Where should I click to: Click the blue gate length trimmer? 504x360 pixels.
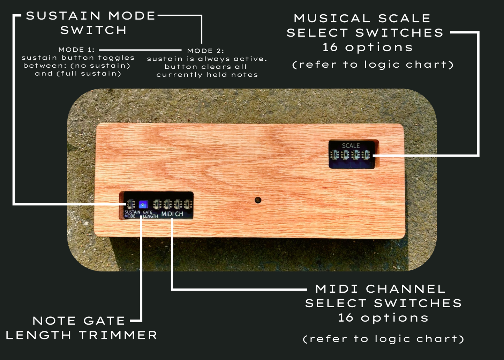click(x=143, y=204)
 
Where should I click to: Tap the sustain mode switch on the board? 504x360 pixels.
click(x=131, y=204)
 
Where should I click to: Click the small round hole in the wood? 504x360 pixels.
click(x=258, y=200)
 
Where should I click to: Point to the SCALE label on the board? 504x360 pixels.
click(x=351, y=146)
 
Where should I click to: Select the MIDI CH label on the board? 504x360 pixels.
click(x=172, y=214)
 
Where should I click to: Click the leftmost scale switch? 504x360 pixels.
click(x=335, y=154)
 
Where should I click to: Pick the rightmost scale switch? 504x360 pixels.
click(x=366, y=154)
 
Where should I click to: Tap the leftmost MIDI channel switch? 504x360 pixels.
click(x=157, y=204)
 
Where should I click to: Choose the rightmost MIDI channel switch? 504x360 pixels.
click(x=188, y=204)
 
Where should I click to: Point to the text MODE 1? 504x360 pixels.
click(x=76, y=50)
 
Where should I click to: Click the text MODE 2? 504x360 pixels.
click(x=205, y=51)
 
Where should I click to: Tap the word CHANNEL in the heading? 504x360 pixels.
click(x=406, y=289)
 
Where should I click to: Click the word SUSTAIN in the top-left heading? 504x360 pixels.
click(x=63, y=16)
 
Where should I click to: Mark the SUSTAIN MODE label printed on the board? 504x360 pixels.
click(x=132, y=214)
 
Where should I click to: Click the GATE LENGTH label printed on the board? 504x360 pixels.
click(x=150, y=214)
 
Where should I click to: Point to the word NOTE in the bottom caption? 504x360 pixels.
click(x=54, y=321)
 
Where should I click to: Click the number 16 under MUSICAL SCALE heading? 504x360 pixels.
click(x=330, y=47)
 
